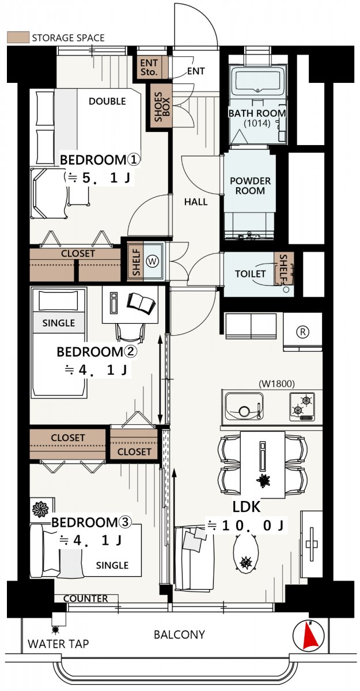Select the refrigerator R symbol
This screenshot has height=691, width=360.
pyautogui.click(x=302, y=332)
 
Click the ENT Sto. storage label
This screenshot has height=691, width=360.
pyautogui.click(x=149, y=67)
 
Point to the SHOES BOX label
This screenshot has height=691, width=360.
pyautogui.click(x=162, y=107)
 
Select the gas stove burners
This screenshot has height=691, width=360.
pyautogui.click(x=302, y=407)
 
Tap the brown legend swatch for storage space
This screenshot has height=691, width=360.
pyautogui.click(x=18, y=37)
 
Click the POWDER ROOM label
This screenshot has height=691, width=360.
pyautogui.click(x=250, y=185)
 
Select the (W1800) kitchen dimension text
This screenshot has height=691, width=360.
pyautogui.click(x=276, y=384)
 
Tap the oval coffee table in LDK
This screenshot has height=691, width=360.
pyautogui.click(x=245, y=555)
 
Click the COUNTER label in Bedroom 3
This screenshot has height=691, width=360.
pyautogui.click(x=85, y=598)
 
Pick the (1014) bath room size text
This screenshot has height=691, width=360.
pyautogui.click(x=257, y=123)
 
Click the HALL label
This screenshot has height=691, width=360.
pyautogui.click(x=196, y=202)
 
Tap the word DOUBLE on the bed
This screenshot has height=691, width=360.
pyautogui.click(x=107, y=101)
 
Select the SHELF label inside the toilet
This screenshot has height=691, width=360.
pyautogui.click(x=283, y=268)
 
